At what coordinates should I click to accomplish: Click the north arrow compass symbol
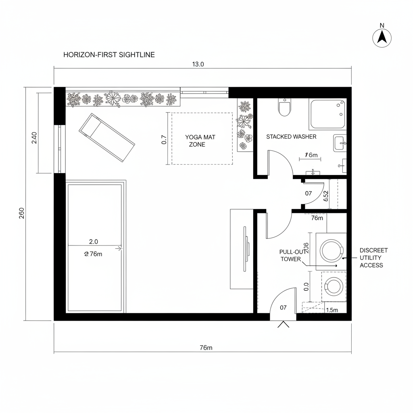pyautogui.click(x=382, y=37)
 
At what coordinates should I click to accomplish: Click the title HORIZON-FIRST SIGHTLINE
pyautogui.click(x=109, y=55)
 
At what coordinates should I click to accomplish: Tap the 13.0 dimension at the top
pyautogui.click(x=198, y=64)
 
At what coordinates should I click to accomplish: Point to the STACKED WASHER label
pyautogui.click(x=291, y=137)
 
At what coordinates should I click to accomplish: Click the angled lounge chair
pyautogui.click(x=107, y=137)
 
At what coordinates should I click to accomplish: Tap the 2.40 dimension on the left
pyautogui.click(x=34, y=138)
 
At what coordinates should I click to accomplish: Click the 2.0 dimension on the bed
pyautogui.click(x=94, y=242)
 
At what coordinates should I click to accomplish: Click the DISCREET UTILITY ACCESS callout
pyautogui.click(x=373, y=258)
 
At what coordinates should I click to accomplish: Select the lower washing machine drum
pyautogui.click(x=334, y=286)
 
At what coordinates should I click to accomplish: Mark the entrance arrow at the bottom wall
pyautogui.click(x=284, y=324)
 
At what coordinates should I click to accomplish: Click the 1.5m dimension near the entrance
pyautogui.click(x=332, y=310)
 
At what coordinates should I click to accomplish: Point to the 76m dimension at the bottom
pyautogui.click(x=206, y=348)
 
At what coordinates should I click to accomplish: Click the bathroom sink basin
pyautogui.click(x=340, y=143)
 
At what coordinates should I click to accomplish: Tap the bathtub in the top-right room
pyautogui.click(x=327, y=114)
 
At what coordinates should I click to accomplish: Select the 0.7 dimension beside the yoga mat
pyautogui.click(x=164, y=140)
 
